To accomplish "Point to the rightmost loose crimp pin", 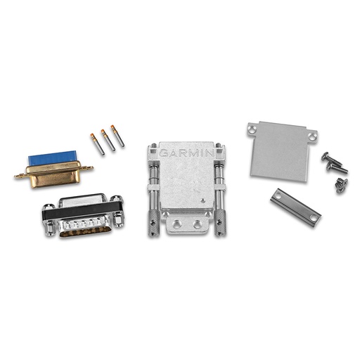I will point(117,136).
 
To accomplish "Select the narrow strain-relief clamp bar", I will point(295,207).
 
